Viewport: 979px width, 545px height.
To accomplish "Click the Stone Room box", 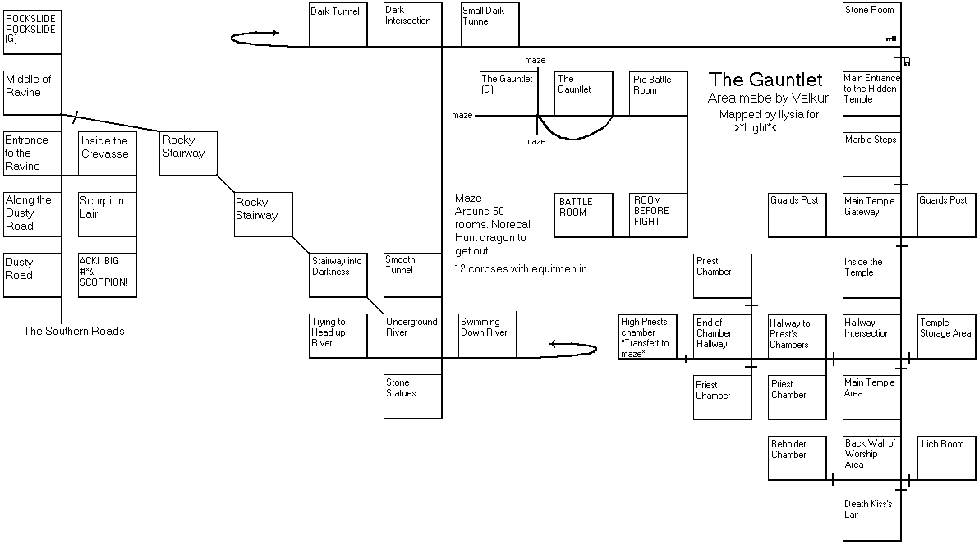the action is (x=871, y=25).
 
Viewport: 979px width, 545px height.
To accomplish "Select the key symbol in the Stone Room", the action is (x=891, y=39).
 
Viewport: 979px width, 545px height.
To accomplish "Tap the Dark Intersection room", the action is (x=412, y=25).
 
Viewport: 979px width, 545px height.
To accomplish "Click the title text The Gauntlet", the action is (x=765, y=80).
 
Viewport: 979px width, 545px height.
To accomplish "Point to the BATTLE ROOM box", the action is (x=584, y=215).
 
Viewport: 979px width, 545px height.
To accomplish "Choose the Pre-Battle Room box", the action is (x=658, y=94).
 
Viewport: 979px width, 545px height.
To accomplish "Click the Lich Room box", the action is (x=946, y=458).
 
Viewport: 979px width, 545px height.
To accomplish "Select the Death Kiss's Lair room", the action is (x=871, y=518).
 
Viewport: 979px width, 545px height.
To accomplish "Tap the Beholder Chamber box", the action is (x=797, y=458).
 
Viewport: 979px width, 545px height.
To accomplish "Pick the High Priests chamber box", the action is (x=648, y=337).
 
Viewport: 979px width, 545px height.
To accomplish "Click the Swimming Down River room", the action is (x=488, y=335).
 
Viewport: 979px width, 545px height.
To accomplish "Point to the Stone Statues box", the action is (x=412, y=396).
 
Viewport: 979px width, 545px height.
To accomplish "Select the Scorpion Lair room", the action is (x=108, y=215).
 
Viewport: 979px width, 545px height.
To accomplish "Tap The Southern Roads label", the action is (x=74, y=331).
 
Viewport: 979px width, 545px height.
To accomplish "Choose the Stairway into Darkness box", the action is (x=338, y=275).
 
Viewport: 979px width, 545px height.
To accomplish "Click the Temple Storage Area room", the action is (x=946, y=337).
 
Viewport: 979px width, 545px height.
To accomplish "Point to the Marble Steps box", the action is (x=871, y=154).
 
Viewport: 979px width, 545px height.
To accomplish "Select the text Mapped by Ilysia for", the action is (x=770, y=115).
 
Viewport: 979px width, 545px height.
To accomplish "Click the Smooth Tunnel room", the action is (x=412, y=275).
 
